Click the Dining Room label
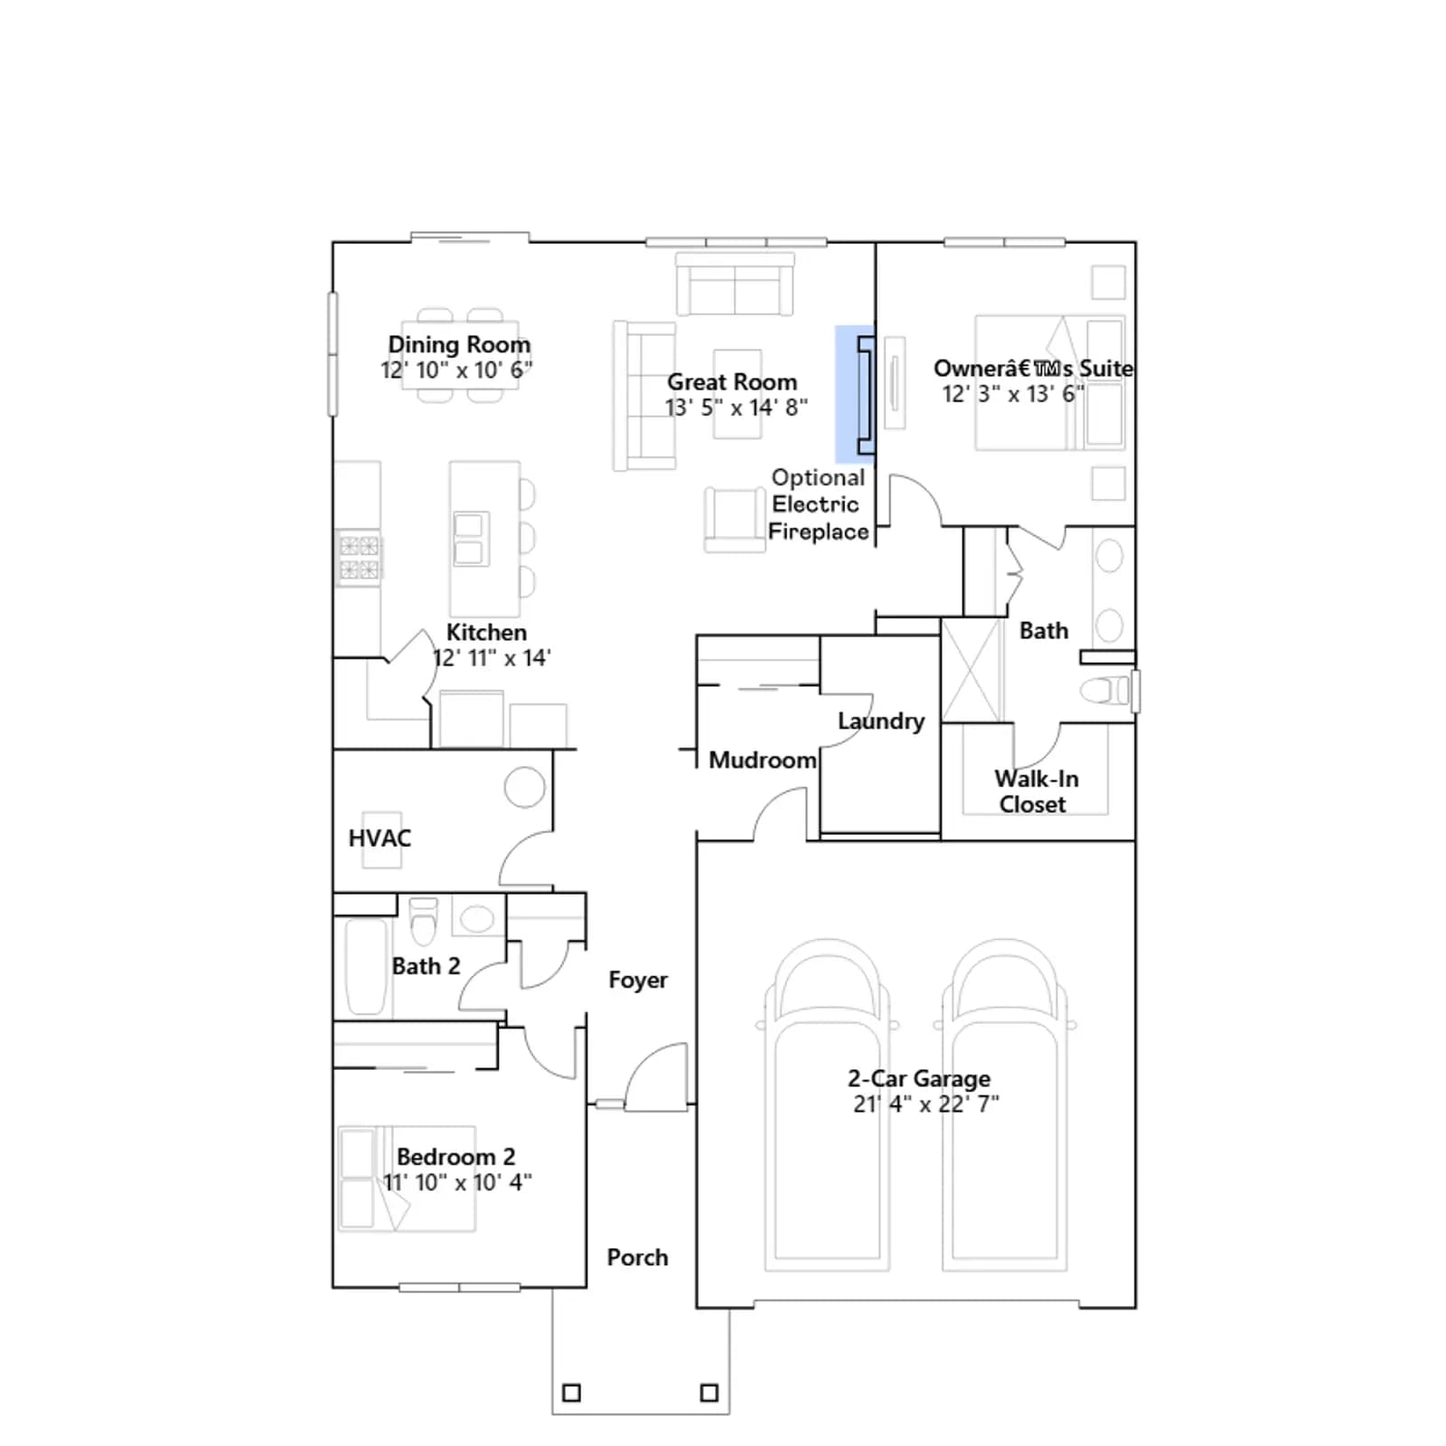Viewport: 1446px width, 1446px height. [459, 345]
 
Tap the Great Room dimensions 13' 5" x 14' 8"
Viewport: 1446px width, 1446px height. [736, 408]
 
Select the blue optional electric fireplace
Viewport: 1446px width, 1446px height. [855, 394]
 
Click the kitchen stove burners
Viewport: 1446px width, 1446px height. [359, 557]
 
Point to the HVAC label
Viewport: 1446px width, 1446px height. [380, 839]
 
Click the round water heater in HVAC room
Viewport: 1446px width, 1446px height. [525, 787]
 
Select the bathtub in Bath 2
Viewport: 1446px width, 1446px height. [366, 966]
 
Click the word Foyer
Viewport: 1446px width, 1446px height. [638, 981]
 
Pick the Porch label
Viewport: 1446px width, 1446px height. [637, 1257]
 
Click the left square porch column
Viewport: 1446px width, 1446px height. [572, 1393]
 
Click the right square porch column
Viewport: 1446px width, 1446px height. [709, 1393]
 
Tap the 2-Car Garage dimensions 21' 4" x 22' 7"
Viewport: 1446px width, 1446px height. [926, 1103]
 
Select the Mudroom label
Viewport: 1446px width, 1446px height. [763, 760]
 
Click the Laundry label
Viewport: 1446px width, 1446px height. [881, 721]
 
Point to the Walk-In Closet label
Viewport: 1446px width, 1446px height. [1036, 792]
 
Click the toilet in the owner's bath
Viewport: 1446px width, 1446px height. [1105, 690]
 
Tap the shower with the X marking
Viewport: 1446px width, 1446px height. [972, 670]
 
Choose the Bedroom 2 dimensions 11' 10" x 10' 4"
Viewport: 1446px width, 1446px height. [457, 1182]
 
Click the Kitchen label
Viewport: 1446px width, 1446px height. [486, 633]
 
